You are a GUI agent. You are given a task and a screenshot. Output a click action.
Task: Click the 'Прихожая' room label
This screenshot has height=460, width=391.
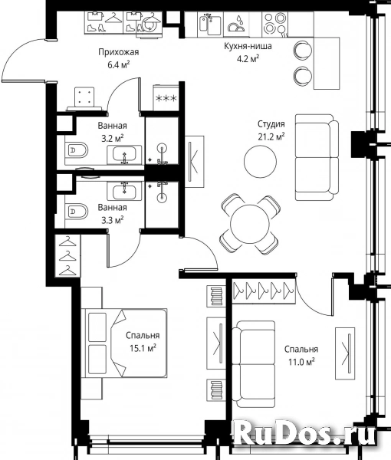click(x=119, y=52)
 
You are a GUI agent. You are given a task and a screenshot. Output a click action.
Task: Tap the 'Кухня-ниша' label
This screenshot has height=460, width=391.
click(x=248, y=46)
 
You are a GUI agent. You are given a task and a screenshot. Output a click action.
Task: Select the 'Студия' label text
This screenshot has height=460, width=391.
click(x=271, y=124)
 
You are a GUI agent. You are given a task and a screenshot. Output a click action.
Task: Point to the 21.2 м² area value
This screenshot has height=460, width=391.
click(x=271, y=136)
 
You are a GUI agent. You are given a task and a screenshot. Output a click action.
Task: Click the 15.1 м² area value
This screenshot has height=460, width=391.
click(x=143, y=348)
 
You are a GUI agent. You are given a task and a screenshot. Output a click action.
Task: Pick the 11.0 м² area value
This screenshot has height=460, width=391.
click(x=301, y=362)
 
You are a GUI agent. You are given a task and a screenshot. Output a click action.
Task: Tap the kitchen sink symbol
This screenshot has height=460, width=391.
click(x=210, y=24)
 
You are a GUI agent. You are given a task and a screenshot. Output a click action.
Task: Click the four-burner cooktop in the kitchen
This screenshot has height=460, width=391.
click(x=274, y=24)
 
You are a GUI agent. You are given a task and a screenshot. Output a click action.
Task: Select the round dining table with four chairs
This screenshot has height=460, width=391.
click(x=250, y=224)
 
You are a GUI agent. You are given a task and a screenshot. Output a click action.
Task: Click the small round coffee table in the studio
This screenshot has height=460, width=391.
click(x=260, y=161)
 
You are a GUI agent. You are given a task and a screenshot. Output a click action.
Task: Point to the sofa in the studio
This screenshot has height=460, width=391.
click(x=317, y=157)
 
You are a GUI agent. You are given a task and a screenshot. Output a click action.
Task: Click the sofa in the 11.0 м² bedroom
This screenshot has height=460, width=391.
click(x=254, y=364)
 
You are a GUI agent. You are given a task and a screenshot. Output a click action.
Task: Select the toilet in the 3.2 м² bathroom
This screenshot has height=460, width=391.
click(x=77, y=151)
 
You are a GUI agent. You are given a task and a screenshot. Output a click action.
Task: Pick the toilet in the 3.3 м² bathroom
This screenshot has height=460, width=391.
click(x=77, y=212)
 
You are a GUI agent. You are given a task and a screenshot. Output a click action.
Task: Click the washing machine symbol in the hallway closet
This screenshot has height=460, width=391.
click(x=149, y=26)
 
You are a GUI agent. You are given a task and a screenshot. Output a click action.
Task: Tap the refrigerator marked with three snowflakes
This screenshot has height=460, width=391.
click(x=166, y=98)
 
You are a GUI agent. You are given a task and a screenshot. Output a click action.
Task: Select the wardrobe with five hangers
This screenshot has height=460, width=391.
click(x=263, y=290)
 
